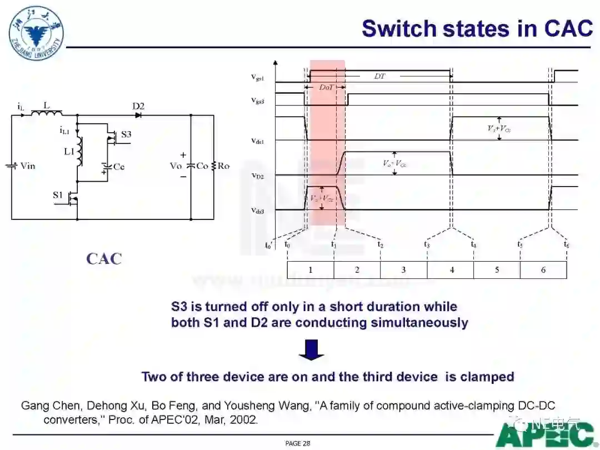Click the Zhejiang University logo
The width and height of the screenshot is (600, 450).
coord(36,27)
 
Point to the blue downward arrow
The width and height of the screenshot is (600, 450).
coord(311,350)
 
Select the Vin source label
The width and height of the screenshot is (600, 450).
coord(27,166)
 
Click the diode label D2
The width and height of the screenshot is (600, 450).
coord(138,106)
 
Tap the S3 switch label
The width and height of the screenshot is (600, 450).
coord(126,134)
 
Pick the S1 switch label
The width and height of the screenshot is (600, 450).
coord(58,194)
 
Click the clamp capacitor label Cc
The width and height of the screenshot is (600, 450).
coord(119,166)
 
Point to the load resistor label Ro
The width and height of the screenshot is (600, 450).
coord(223,166)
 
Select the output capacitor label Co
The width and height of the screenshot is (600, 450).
coord(202,166)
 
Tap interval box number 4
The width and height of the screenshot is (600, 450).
coord(451,270)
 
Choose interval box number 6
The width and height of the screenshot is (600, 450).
coord(543,270)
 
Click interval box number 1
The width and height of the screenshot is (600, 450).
coord(311,270)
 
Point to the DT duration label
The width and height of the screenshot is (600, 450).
coord(379,76)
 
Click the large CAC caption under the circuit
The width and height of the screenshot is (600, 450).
coord(103,258)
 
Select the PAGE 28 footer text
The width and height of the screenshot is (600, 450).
coord(298,443)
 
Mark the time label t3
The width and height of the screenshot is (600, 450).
coord(427,244)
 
